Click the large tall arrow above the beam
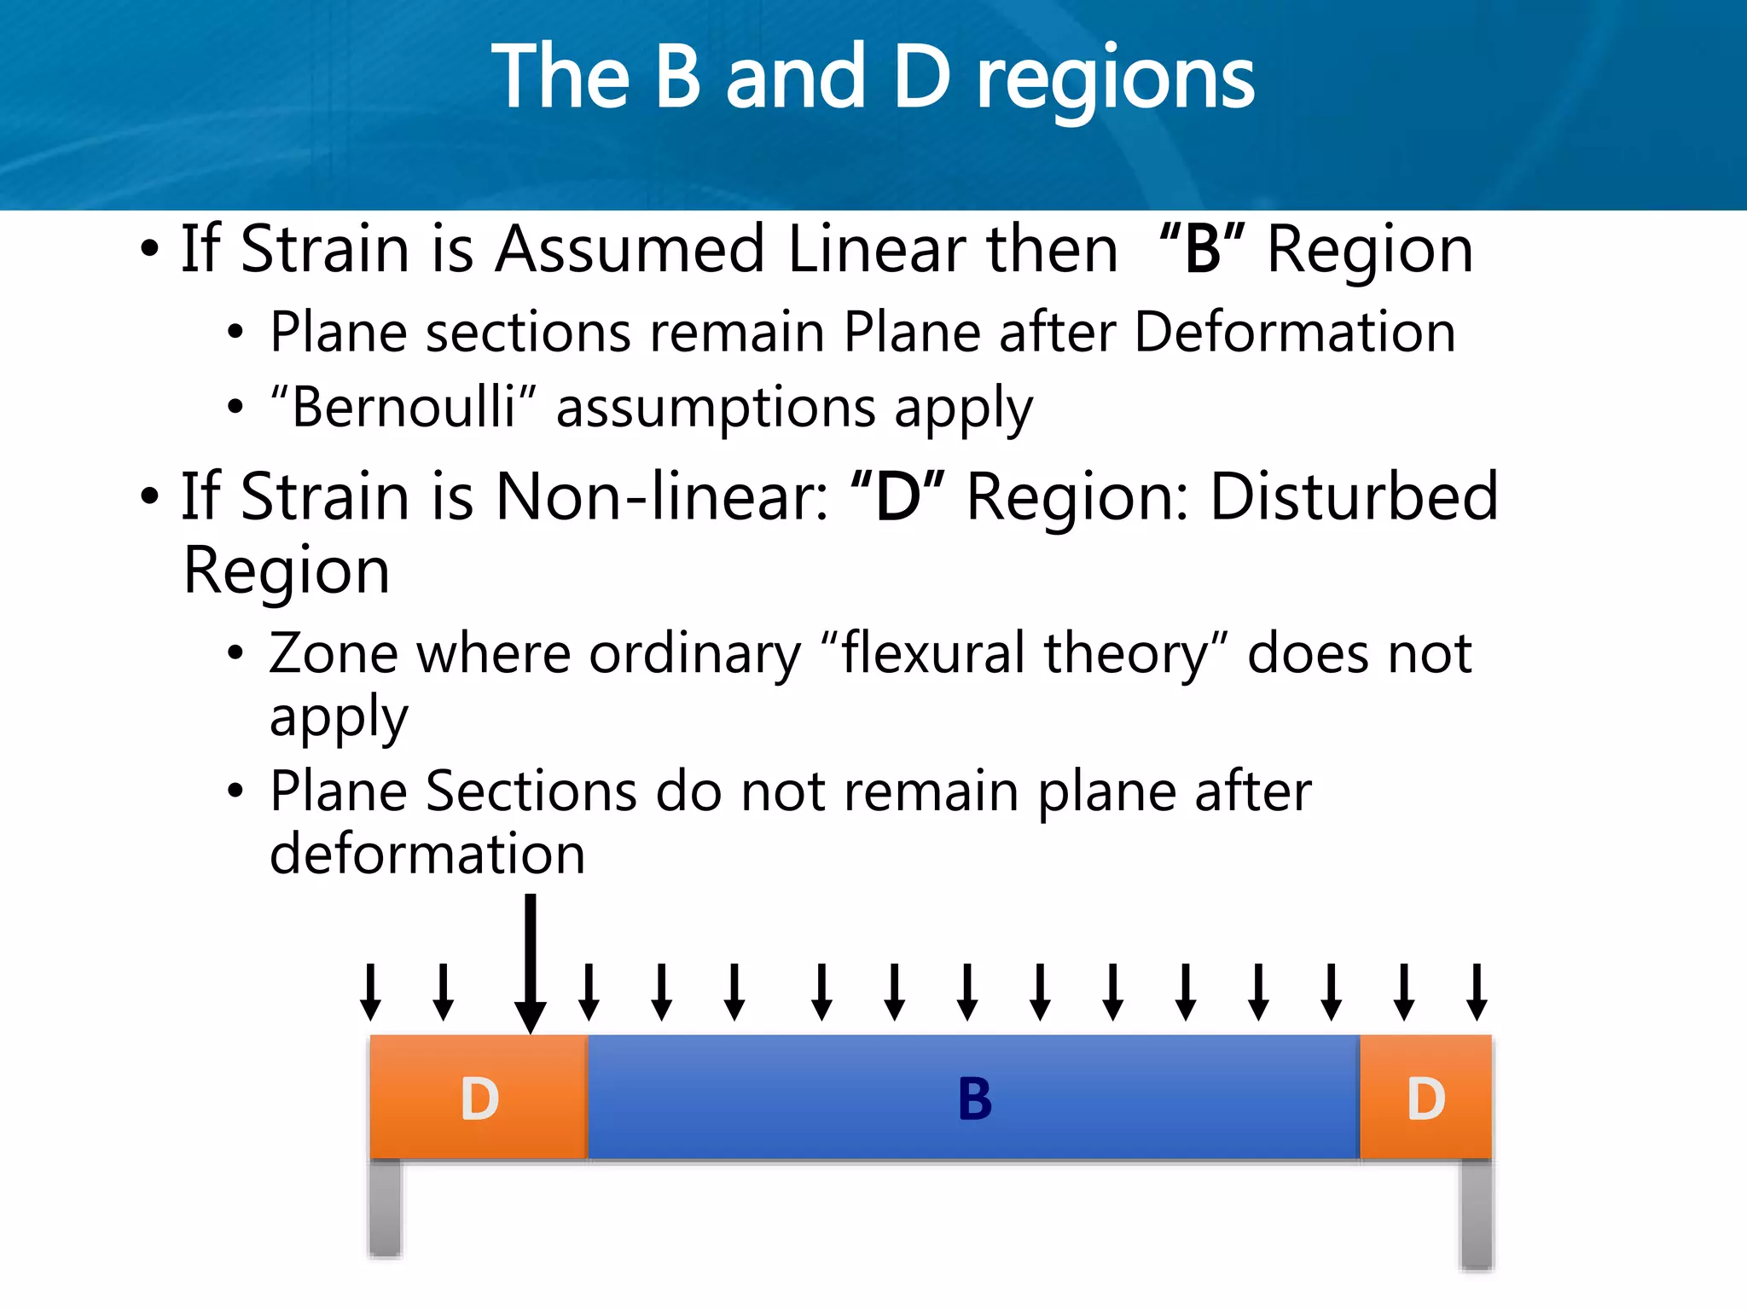(x=531, y=964)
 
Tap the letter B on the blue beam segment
(x=975, y=1098)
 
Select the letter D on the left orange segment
(x=479, y=1098)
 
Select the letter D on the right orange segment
(x=1425, y=1098)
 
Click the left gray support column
(x=386, y=1207)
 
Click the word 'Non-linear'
(x=662, y=497)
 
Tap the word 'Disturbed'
(x=1354, y=497)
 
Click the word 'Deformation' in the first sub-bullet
(x=1294, y=332)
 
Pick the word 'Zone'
(x=334, y=653)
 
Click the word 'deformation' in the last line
(x=427, y=854)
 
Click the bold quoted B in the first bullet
(x=1203, y=249)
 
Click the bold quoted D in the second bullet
(x=897, y=497)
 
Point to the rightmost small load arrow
(x=1477, y=991)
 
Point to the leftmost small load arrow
(x=370, y=991)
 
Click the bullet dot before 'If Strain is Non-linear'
(x=150, y=497)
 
